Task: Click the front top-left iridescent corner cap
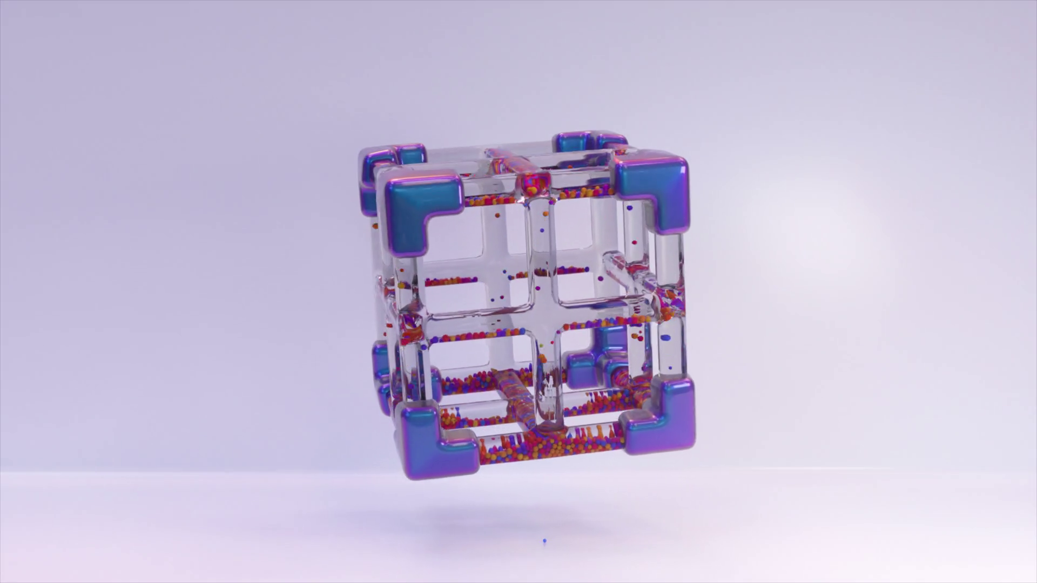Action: pos(416,208)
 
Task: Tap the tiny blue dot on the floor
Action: pos(544,540)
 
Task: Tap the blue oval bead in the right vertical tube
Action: pos(665,338)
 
